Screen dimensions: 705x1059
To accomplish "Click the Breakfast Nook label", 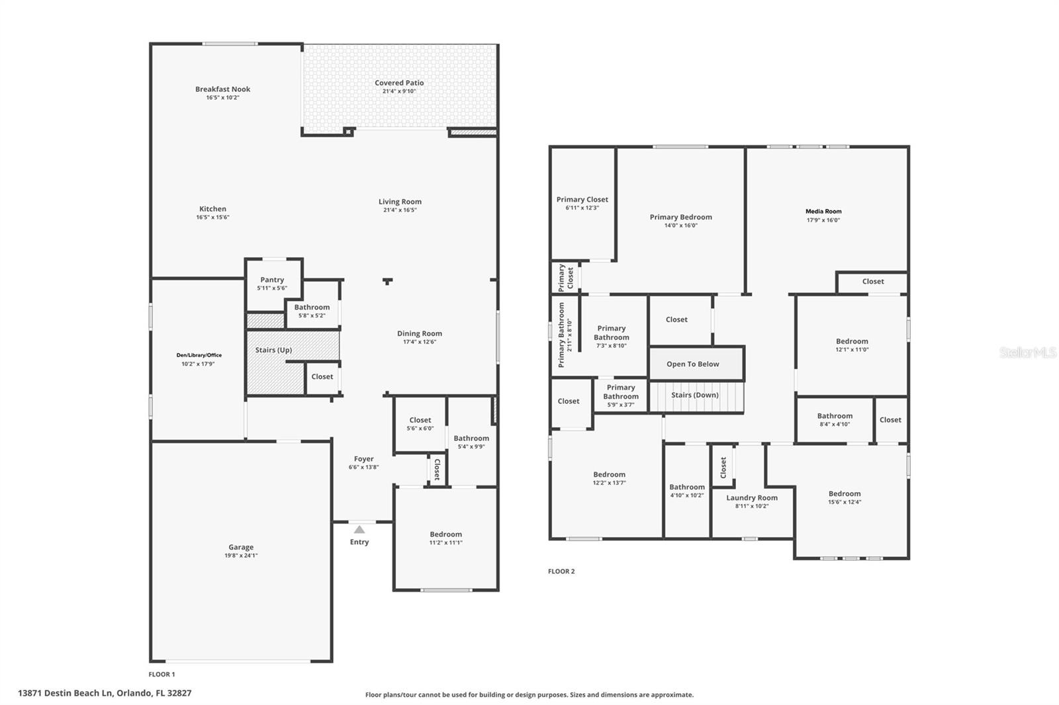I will point(222,89).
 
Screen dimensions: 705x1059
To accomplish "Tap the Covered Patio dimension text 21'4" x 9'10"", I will point(399,92).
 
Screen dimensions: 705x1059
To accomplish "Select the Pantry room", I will point(272,283).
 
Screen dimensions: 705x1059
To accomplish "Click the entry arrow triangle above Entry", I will point(359,529).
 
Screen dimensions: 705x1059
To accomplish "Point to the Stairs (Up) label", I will point(273,350).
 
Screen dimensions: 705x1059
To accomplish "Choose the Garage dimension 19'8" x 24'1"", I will point(241,556).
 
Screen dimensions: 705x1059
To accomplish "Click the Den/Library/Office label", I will point(199,355).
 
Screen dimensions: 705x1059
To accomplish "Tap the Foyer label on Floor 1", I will point(363,459).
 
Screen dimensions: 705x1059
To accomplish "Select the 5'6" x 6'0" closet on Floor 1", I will point(420,424).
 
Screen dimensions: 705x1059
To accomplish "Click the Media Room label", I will point(823,212).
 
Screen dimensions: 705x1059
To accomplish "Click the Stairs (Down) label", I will point(694,395).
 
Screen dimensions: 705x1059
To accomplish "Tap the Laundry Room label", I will point(752,498).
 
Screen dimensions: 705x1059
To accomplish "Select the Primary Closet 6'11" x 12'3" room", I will point(582,203).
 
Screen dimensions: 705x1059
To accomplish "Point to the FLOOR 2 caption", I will point(561,571).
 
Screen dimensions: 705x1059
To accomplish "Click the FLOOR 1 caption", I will point(161,675).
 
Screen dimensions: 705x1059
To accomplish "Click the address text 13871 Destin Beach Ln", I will point(66,693).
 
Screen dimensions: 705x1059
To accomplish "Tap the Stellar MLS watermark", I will point(1027,352).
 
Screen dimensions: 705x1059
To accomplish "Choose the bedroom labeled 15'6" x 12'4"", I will point(845,497).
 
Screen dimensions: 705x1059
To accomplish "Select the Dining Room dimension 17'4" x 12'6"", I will point(419,342).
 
